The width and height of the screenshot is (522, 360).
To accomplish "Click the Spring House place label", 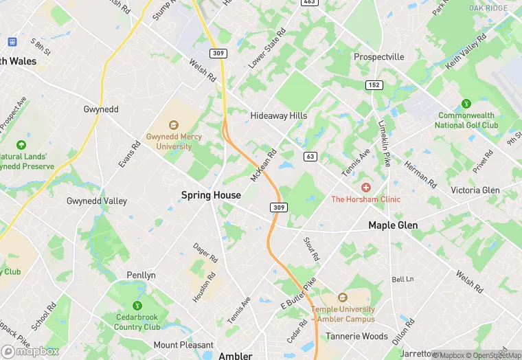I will point(211,195).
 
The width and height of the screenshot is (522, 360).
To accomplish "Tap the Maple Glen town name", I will point(393,225).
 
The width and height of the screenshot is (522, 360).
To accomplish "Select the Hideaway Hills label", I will point(278,116).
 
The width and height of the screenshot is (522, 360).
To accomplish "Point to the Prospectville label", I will point(379,57).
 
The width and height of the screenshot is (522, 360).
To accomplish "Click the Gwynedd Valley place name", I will point(97,201).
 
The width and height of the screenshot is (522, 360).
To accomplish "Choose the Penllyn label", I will point(141,275).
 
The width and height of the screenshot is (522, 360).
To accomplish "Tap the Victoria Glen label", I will point(475,190).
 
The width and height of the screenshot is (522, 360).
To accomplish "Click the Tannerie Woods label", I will point(356,337).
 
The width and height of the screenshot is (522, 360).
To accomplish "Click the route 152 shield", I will point(373,84).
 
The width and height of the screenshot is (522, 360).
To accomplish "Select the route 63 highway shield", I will point(310,157).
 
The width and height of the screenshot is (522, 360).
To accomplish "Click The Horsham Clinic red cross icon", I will point(365,188).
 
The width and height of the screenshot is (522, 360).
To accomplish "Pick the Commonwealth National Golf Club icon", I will point(467,104).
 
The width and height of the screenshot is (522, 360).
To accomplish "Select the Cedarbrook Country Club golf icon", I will point(137,306).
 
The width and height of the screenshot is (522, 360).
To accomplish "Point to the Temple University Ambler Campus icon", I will point(343,298).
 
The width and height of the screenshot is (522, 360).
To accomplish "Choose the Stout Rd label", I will point(312,249).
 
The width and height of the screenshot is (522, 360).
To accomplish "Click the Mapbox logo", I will point(30,351).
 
